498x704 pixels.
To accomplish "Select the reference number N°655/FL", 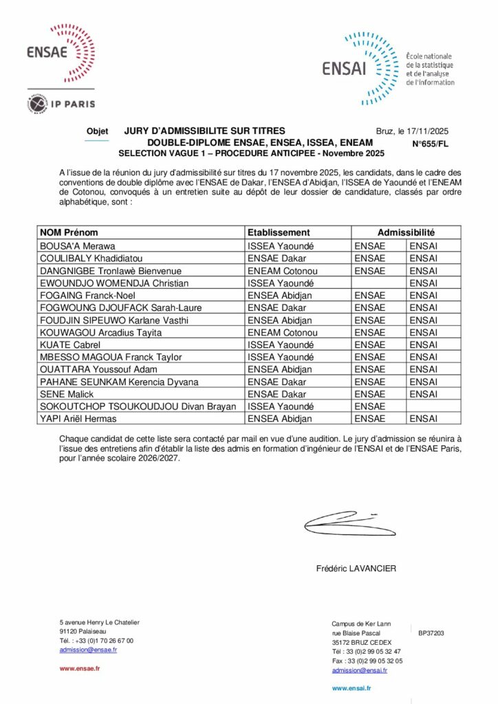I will [x=430, y=144].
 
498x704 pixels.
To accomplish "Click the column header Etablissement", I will [x=278, y=232].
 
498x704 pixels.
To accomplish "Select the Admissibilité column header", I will [x=406, y=232].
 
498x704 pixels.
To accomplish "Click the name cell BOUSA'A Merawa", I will [x=78, y=245].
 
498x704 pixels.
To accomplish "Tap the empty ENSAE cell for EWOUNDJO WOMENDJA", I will [x=378, y=283].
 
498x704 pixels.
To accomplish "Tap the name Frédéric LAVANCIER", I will [x=356, y=569].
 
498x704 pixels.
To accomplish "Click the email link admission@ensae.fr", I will [x=88, y=649].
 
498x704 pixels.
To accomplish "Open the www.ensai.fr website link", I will [x=351, y=687].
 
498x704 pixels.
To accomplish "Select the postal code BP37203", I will [x=431, y=632].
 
